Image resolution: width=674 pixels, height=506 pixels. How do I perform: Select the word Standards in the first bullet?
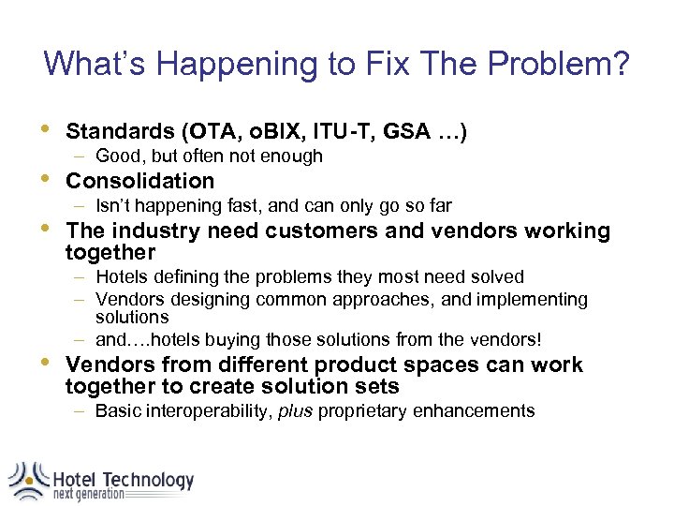121,132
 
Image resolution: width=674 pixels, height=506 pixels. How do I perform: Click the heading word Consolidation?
140,181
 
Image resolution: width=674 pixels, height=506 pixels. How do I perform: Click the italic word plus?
296,410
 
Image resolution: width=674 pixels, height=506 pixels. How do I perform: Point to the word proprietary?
363,410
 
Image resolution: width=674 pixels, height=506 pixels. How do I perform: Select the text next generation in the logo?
88,494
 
